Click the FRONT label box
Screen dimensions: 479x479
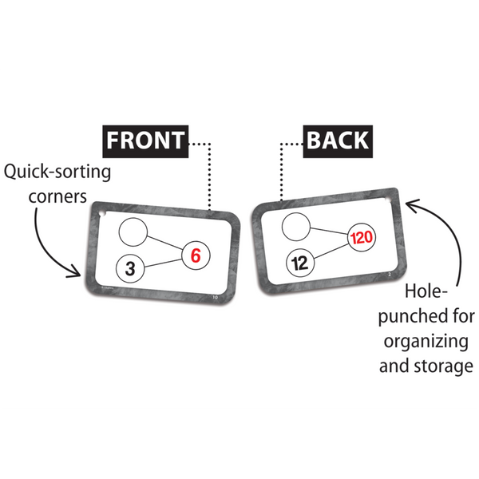coord(144,141)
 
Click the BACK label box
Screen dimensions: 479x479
coord(338,141)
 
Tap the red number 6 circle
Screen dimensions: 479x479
coord(196,255)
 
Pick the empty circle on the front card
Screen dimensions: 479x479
coord(134,232)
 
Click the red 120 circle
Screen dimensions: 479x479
coord(361,238)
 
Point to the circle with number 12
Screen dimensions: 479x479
coord(299,262)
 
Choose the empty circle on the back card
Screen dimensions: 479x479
coord(294,227)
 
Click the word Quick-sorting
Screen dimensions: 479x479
coord(57,171)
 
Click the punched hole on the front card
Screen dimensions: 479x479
coord(101,214)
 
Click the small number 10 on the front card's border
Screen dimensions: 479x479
coord(213,297)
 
